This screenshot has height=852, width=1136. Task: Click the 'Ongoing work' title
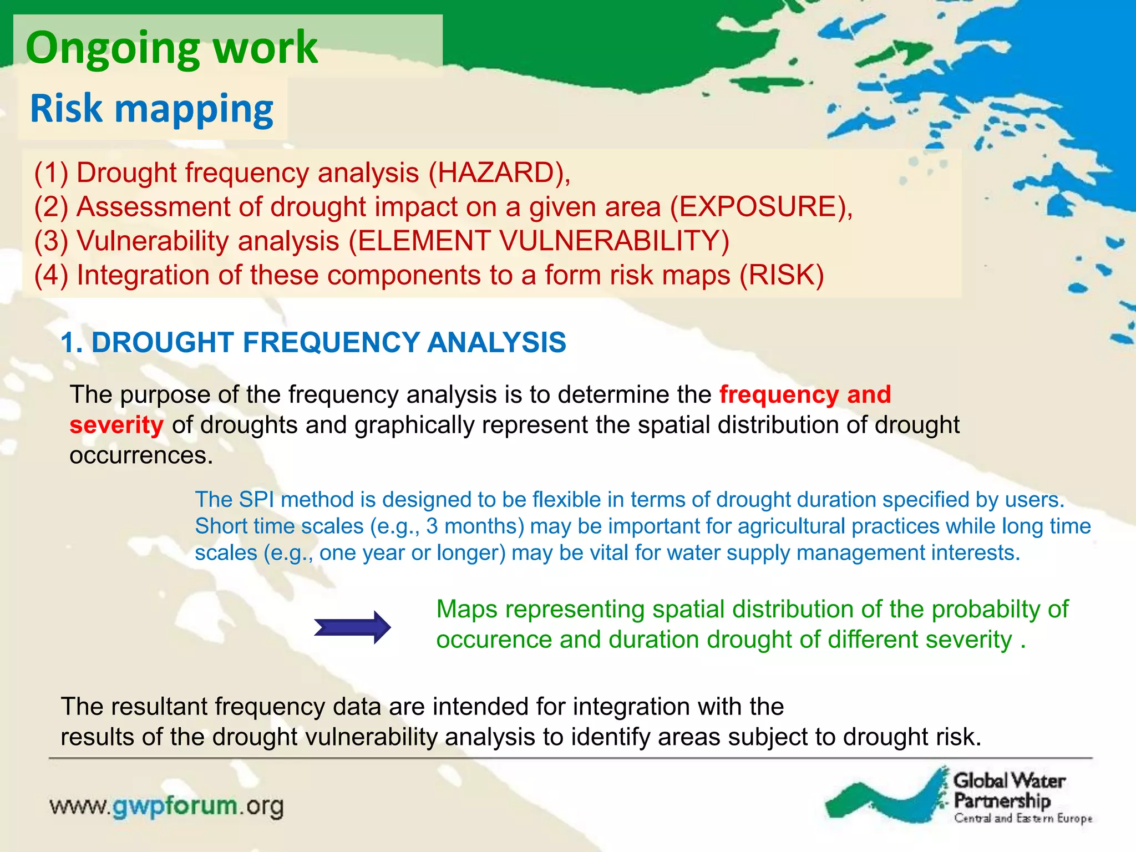coord(171,48)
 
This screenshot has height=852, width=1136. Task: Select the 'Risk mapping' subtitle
coord(151,108)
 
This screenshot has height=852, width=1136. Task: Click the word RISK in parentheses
coord(782,276)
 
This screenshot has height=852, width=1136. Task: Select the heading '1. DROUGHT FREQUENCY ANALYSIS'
coord(313,342)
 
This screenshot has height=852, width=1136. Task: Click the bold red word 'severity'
coord(116,425)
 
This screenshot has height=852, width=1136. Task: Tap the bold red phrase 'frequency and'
coord(805,395)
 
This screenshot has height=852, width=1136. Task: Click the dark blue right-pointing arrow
coord(352,627)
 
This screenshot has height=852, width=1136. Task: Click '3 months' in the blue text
coord(475,526)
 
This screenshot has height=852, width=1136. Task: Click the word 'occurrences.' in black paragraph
coord(141,456)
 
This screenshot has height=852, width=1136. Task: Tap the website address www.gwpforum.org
coord(166,806)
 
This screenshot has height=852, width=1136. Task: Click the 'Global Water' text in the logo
coord(1009,781)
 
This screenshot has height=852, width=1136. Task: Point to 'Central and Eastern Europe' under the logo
coord(1023,819)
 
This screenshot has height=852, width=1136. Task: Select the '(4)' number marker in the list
coord(51,276)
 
